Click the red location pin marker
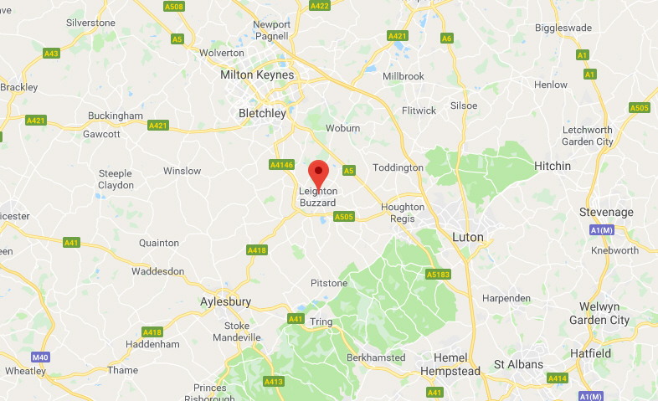pyautogui.click(x=318, y=173)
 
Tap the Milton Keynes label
pyautogui.click(x=257, y=75)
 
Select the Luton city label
pyautogui.click(x=467, y=237)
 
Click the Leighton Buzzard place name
pyautogui.click(x=318, y=197)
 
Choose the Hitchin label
pyautogui.click(x=553, y=166)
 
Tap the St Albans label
pyautogui.click(x=518, y=364)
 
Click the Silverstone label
pyautogui.click(x=90, y=22)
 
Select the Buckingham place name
pyautogui.click(x=117, y=116)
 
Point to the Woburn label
pyautogui.click(x=343, y=128)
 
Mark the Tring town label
pyautogui.click(x=321, y=322)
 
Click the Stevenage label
pyautogui.click(x=606, y=213)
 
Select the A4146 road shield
pyautogui.click(x=282, y=165)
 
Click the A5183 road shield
pyautogui.click(x=437, y=274)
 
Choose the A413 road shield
pyautogui.click(x=274, y=382)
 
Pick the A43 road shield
pyautogui.click(x=51, y=53)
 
